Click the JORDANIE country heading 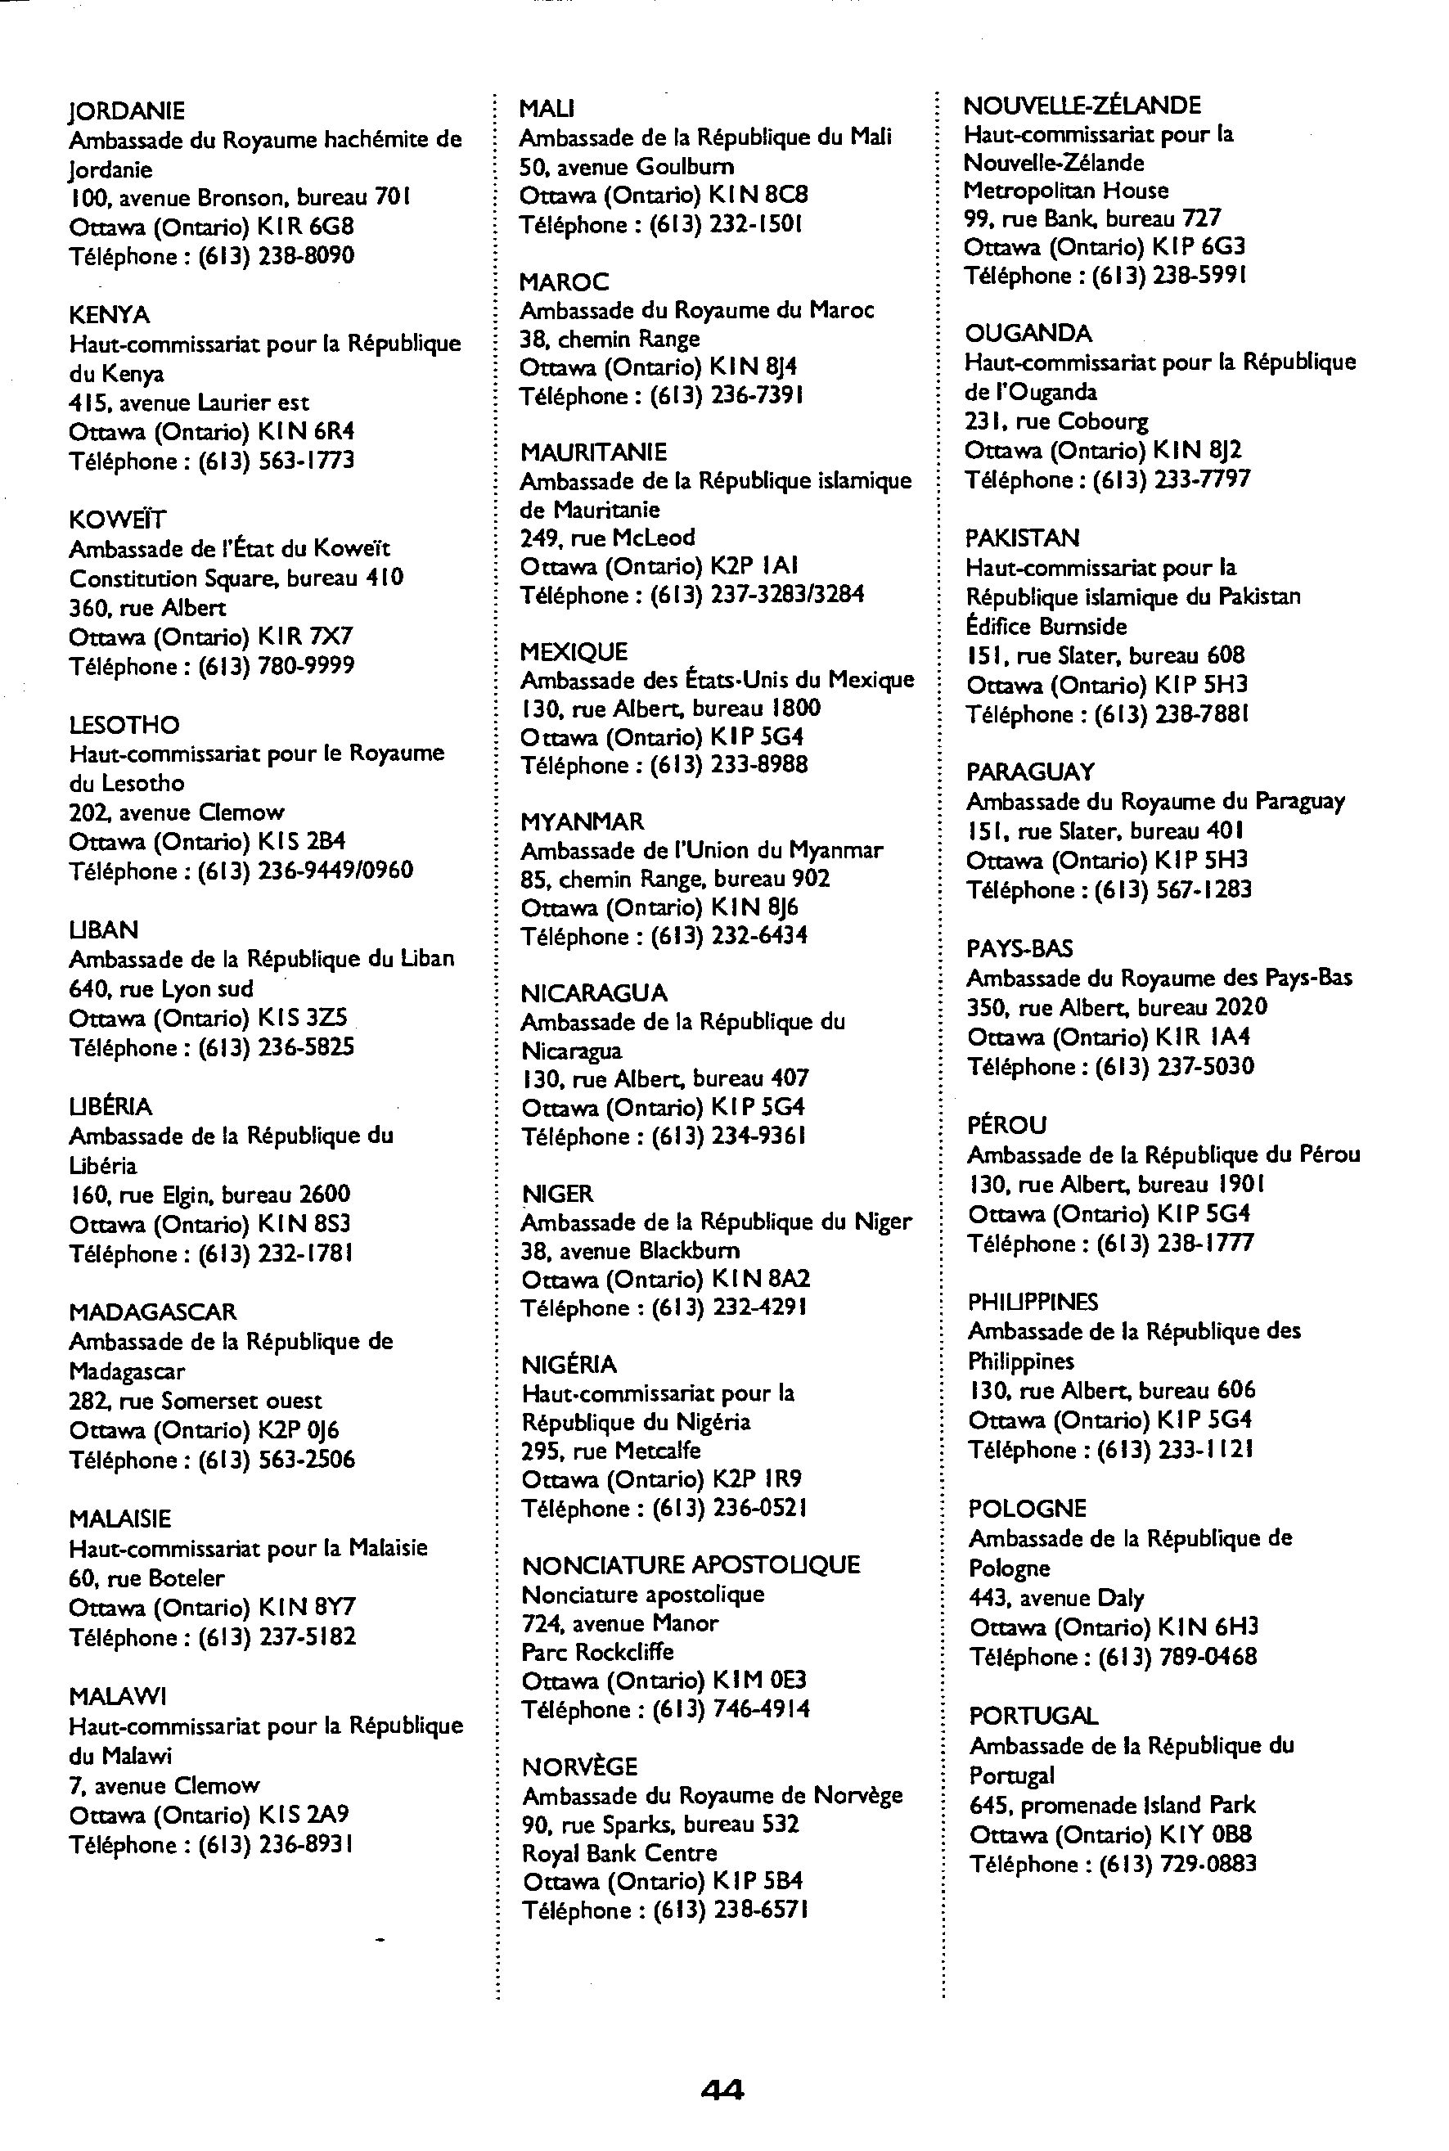pyautogui.click(x=127, y=111)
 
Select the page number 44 pyautogui.click(x=722, y=2089)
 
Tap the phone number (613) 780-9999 pyautogui.click(x=277, y=666)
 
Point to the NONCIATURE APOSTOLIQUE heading pyautogui.click(x=691, y=1565)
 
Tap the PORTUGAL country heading pyautogui.click(x=1033, y=1716)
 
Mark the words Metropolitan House pyautogui.click(x=1065, y=191)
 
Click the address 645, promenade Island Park pyautogui.click(x=1112, y=1805)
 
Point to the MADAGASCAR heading pyautogui.click(x=152, y=1312)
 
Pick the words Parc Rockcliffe pyautogui.click(x=597, y=1652)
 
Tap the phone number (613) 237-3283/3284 pyautogui.click(x=758, y=595)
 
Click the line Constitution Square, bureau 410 pyautogui.click(x=236, y=578)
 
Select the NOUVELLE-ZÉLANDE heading pyautogui.click(x=1082, y=106)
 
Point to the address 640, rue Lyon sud pyautogui.click(x=161, y=988)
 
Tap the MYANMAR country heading pyautogui.click(x=583, y=822)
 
